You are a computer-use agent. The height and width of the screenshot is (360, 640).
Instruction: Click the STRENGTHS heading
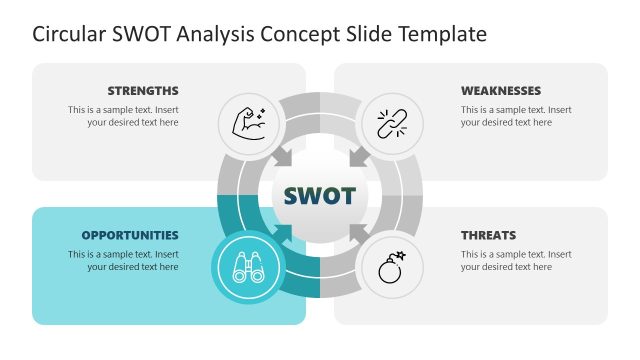(143, 90)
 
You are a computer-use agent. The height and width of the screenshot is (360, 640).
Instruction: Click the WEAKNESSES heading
(501, 90)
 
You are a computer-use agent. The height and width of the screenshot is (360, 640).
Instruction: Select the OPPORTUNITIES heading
(130, 235)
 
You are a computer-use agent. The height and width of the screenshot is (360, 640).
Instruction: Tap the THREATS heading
(488, 235)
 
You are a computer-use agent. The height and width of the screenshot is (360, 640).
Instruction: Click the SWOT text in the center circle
(319, 195)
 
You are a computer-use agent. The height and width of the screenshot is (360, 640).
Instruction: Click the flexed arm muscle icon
(248, 123)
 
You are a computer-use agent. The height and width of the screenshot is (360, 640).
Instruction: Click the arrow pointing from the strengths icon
(283, 156)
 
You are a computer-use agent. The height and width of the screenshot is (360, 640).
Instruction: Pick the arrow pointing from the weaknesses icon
(356, 156)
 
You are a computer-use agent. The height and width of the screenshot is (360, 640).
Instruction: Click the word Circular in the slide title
(67, 34)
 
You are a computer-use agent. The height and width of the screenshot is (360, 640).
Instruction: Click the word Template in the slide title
(440, 34)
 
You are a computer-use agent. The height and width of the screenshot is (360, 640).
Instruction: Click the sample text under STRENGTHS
(123, 116)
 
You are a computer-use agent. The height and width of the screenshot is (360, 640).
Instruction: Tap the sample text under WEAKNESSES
(516, 116)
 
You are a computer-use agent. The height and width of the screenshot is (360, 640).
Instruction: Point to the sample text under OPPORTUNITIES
(123, 260)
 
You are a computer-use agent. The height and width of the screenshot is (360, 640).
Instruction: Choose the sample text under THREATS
(516, 260)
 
